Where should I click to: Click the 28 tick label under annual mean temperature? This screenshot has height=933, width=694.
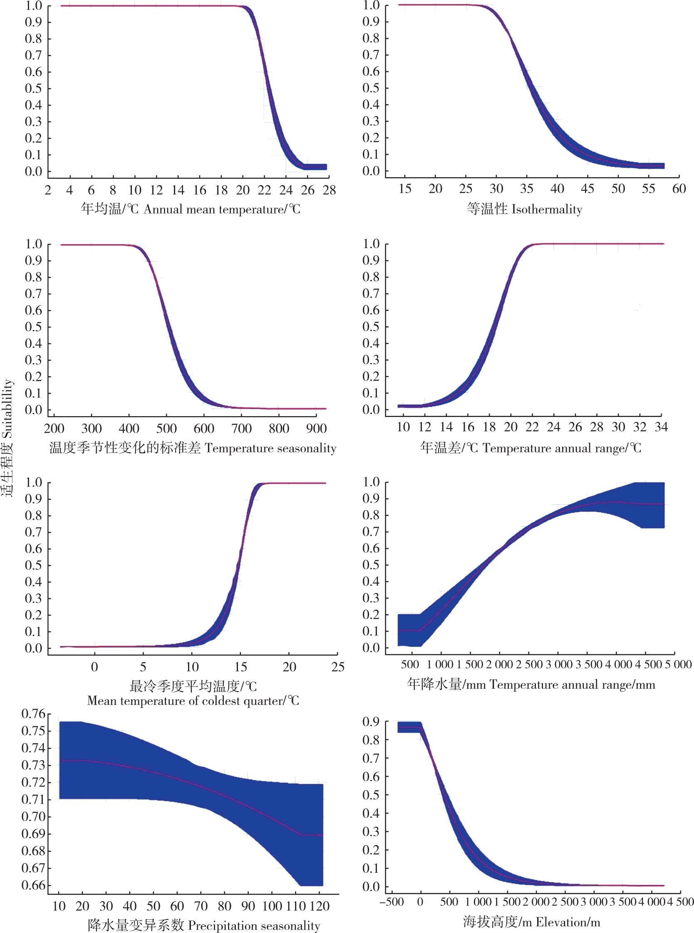[x=329, y=190]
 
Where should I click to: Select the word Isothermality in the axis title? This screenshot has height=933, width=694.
[x=547, y=209]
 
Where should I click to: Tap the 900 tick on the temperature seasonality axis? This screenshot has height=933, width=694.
[x=316, y=429]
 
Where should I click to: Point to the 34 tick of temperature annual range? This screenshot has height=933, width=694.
[x=661, y=427]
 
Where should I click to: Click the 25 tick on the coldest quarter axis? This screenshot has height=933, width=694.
[x=337, y=667]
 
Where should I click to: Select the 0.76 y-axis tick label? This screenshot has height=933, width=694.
[x=33, y=714]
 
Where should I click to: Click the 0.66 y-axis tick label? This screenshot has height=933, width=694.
[x=33, y=885]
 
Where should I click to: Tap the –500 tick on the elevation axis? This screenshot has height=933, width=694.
[x=392, y=902]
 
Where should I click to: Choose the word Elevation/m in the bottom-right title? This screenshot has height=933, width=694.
[x=568, y=922]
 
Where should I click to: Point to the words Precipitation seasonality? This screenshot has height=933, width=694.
[x=254, y=926]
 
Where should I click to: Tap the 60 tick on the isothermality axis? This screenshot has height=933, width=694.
[x=679, y=189]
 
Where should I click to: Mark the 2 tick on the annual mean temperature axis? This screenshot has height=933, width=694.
[x=48, y=190]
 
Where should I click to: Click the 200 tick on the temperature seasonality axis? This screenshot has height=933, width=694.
[x=54, y=429]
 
